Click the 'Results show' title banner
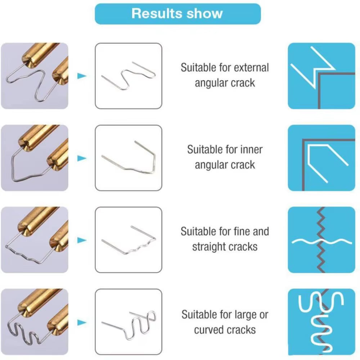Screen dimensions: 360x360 177,14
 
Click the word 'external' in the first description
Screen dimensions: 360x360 251,67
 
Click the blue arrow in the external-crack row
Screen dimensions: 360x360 82,76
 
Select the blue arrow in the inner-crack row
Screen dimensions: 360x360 82,158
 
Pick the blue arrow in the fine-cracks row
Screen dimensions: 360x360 82,240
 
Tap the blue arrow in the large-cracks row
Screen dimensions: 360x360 82,322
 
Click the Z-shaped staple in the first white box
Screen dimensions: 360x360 129,76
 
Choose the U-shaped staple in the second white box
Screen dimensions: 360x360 129,158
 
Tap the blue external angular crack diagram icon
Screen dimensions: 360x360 321,76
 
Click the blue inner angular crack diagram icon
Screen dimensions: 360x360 321,158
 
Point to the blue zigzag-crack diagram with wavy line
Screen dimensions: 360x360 321,240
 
